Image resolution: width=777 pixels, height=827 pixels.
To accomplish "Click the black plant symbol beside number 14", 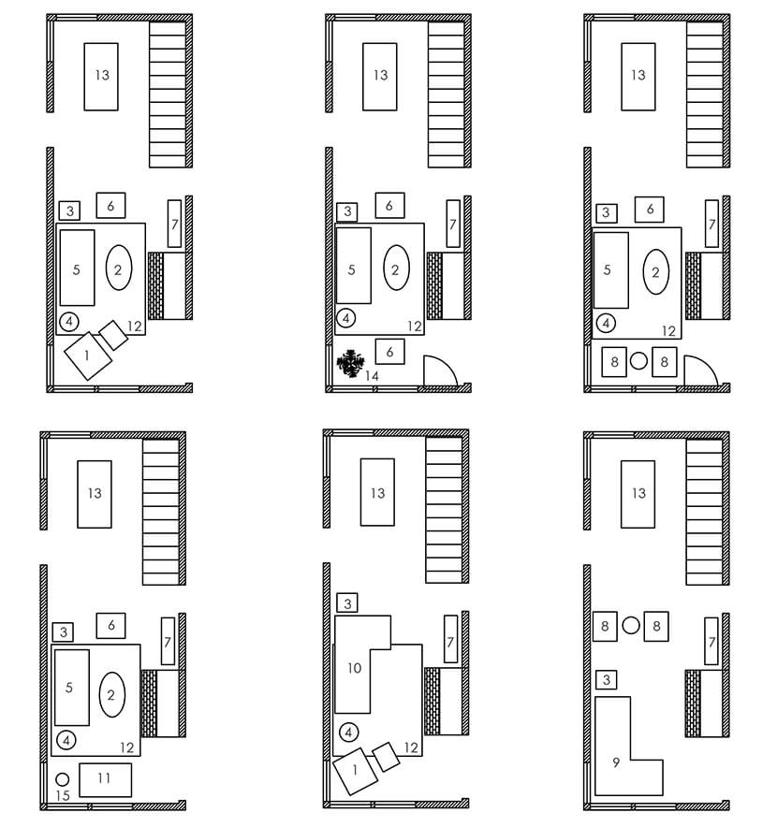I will click(x=352, y=363).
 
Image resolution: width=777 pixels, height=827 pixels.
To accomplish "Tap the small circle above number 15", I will click(x=63, y=778).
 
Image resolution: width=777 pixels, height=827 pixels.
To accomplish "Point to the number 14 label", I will click(x=372, y=375).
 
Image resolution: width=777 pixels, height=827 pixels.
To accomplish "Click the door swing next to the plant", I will click(x=438, y=371).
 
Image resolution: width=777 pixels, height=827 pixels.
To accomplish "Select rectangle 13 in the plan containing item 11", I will click(x=94, y=494).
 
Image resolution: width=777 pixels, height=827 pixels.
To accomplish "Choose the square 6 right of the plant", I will click(x=389, y=351).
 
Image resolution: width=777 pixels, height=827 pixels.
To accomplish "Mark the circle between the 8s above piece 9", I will click(x=631, y=626).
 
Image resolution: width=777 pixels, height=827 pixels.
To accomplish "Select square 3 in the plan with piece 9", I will click(x=607, y=680).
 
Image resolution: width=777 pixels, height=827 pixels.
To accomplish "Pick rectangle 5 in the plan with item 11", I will click(x=71, y=688).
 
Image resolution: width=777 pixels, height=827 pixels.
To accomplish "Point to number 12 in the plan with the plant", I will click(x=414, y=326).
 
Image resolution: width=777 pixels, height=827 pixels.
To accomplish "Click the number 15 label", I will click(x=63, y=795).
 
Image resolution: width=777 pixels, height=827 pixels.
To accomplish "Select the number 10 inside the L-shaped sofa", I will click(x=355, y=668).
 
